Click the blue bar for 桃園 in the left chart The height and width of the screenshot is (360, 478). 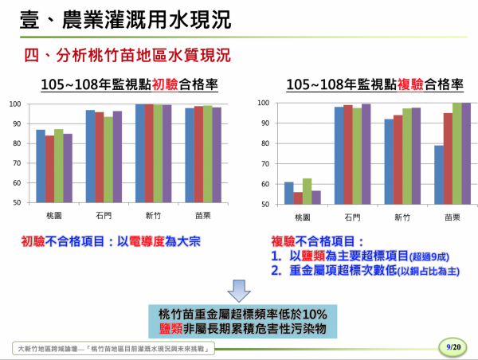pos(41,166)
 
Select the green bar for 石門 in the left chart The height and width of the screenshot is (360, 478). pos(108,160)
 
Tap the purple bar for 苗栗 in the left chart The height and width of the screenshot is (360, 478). pos(217,155)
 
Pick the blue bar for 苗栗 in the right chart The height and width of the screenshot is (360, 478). pos(439,175)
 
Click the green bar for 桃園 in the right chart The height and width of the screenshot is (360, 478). pos(307,191)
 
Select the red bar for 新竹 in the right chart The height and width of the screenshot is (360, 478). pos(398,160)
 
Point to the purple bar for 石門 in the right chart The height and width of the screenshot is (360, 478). pos(366,155)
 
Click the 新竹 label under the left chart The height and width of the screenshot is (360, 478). pos(153,216)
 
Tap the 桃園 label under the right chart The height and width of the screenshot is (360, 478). pos(303,217)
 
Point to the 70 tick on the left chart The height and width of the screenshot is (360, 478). pos(17,163)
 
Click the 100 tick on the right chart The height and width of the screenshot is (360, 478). pos(264,103)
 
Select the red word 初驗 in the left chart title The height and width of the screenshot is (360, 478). pos(165,84)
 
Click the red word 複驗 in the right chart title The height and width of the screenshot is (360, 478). pos(410,84)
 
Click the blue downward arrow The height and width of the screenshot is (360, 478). pos(239,291)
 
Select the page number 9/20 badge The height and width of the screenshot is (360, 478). pos(453,347)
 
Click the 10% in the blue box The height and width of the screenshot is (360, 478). pos(315,315)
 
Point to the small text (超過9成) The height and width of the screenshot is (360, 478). pos(429,257)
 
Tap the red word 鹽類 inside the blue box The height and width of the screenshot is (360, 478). pos(170,329)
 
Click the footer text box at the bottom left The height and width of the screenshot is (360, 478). pos(113,348)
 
